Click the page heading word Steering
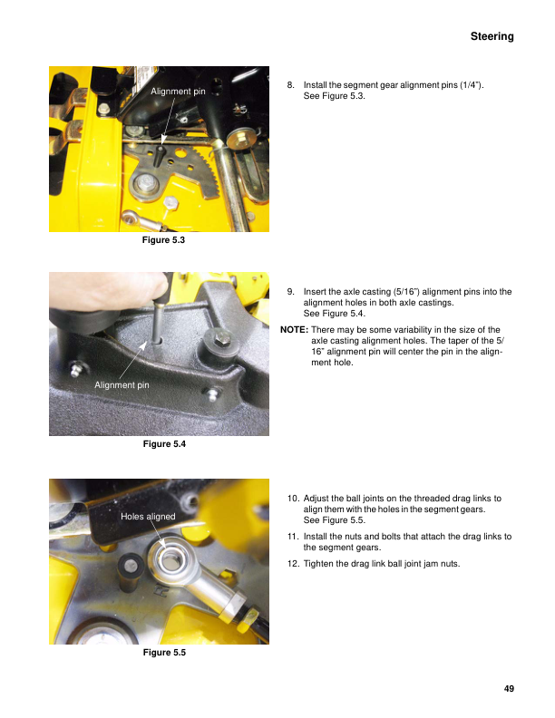coord(492,36)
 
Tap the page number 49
coord(509,689)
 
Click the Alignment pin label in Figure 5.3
coord(178,92)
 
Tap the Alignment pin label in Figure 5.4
coord(122,385)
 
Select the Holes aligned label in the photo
coord(148,516)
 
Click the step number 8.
coord(290,84)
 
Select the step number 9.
coord(290,292)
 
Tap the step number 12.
coord(292,564)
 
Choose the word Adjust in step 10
coord(317,499)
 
